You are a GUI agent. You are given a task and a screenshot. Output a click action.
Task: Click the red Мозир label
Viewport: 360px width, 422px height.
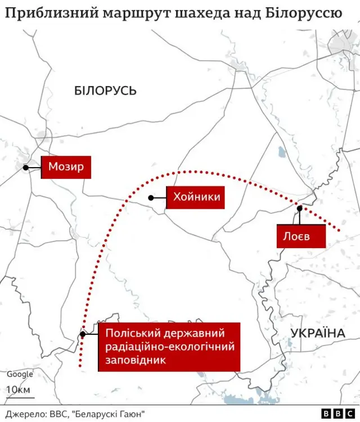pyautogui.click(x=66, y=167)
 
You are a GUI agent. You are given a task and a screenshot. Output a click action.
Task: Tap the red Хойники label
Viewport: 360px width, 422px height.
pyautogui.click(x=196, y=197)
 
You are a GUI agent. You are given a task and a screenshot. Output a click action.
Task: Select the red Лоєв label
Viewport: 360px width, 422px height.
pyautogui.click(x=301, y=236)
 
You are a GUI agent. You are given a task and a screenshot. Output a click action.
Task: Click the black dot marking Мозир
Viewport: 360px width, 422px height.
pyautogui.click(x=25, y=168)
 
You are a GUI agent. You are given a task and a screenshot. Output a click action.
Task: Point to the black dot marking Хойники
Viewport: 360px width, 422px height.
pyautogui.click(x=151, y=197)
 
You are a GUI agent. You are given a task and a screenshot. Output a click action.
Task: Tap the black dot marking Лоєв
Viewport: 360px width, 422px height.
pyautogui.click(x=300, y=208)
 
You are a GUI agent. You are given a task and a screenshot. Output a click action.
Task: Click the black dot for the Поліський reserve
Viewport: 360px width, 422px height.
pyautogui.click(x=83, y=334)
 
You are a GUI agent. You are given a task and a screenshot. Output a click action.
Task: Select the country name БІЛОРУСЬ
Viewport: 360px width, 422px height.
pyautogui.click(x=105, y=91)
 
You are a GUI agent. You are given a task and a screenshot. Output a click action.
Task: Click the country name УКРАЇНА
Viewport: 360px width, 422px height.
pyautogui.click(x=318, y=334)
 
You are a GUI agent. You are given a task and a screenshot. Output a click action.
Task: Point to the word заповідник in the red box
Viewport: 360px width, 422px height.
pyautogui.click(x=136, y=360)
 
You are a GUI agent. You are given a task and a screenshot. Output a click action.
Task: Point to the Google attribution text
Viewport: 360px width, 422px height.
pyautogui.click(x=20, y=374)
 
